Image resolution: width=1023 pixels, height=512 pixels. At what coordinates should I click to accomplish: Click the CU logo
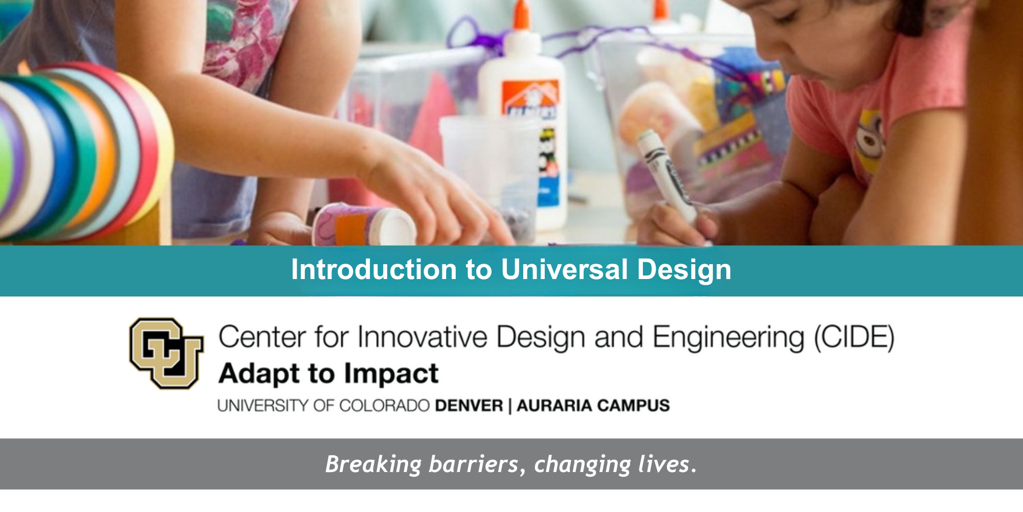click(166, 353)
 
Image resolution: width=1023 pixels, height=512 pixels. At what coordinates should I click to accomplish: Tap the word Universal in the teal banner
click(564, 269)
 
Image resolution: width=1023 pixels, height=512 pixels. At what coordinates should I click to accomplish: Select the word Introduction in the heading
click(374, 269)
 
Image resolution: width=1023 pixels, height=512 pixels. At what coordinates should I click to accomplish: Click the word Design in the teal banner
click(684, 270)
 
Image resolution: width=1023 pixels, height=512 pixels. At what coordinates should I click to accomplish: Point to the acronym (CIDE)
click(854, 338)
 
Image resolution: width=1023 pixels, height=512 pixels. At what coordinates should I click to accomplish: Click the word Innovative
click(422, 337)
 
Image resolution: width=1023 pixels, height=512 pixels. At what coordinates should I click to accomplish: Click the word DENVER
click(469, 406)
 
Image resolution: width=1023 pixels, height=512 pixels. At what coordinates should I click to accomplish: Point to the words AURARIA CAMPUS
click(593, 406)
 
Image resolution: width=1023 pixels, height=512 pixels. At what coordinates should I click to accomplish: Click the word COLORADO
click(384, 406)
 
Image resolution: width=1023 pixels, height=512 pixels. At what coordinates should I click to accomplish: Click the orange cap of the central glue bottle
click(522, 15)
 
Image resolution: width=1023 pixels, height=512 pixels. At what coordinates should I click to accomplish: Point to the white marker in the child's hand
click(668, 174)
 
